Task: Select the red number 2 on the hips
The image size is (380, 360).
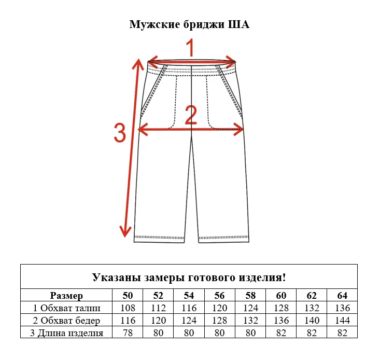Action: [x=191, y=115]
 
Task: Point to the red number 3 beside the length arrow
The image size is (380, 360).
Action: [x=120, y=133]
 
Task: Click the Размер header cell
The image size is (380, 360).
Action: [x=66, y=296]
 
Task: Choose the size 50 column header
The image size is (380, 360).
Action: [x=128, y=296]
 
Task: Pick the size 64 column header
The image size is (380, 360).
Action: [x=342, y=296]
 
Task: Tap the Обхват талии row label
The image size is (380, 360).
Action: [x=66, y=308]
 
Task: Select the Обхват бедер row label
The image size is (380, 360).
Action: [x=66, y=321]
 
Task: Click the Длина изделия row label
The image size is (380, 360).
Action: [x=66, y=333]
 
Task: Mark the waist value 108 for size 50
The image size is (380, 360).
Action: [x=128, y=308]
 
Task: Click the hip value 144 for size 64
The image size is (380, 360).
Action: [x=342, y=321]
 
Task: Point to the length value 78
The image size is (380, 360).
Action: [x=128, y=333]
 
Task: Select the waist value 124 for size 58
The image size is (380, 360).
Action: [x=250, y=308]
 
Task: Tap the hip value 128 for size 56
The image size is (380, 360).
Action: [x=220, y=321]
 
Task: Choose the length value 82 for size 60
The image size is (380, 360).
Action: [x=281, y=333]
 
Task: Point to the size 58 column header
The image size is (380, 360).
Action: [x=250, y=296]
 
